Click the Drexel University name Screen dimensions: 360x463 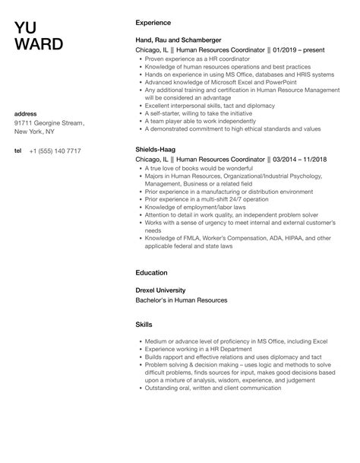[x=166, y=290]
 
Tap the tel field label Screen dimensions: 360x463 [x=18, y=151]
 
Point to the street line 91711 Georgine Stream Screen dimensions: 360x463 [x=49, y=123]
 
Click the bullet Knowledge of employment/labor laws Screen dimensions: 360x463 [x=191, y=208]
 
